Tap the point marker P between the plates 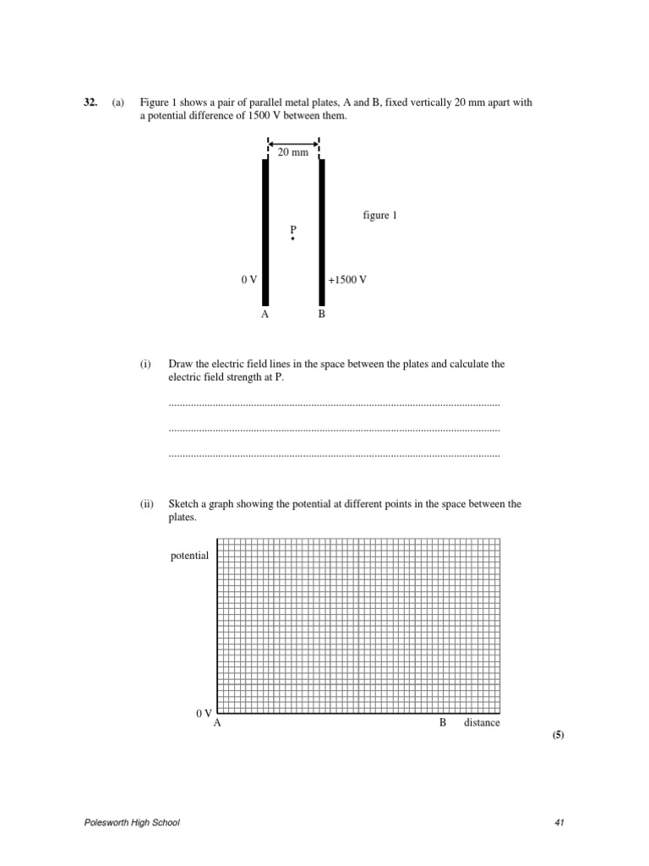pos(293,239)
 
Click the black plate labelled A pos(265,233)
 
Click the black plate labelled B pos(321,233)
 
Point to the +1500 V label pos(347,279)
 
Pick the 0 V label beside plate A pos(248,279)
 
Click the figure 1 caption pos(379,216)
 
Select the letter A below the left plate pos(265,314)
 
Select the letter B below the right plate pos(321,314)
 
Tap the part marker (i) pos(146,364)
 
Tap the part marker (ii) pos(147,503)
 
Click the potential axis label pos(189,556)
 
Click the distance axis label pos(482,723)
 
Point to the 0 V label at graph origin pos(204,714)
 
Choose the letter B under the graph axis pos(442,723)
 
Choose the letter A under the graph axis pos(218,724)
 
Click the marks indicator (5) pos(558,736)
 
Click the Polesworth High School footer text pos(132,823)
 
